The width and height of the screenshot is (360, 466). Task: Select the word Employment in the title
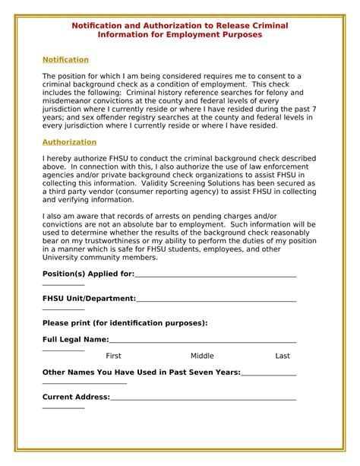click(183, 35)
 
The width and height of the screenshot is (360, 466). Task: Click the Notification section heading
click(65, 59)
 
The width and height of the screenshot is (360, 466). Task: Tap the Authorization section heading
click(69, 141)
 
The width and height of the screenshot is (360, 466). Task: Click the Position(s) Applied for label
click(88, 274)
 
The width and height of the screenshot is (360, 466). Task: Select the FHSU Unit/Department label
click(89, 299)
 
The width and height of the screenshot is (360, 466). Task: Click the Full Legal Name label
click(75, 340)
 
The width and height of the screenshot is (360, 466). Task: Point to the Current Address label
click(76, 397)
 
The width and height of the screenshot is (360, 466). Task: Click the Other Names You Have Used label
click(141, 372)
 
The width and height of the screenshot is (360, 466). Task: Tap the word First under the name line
click(113, 356)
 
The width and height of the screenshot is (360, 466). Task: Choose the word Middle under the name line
click(202, 356)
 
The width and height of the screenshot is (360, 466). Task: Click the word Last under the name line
click(283, 356)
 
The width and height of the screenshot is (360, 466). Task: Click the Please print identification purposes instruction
click(125, 323)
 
